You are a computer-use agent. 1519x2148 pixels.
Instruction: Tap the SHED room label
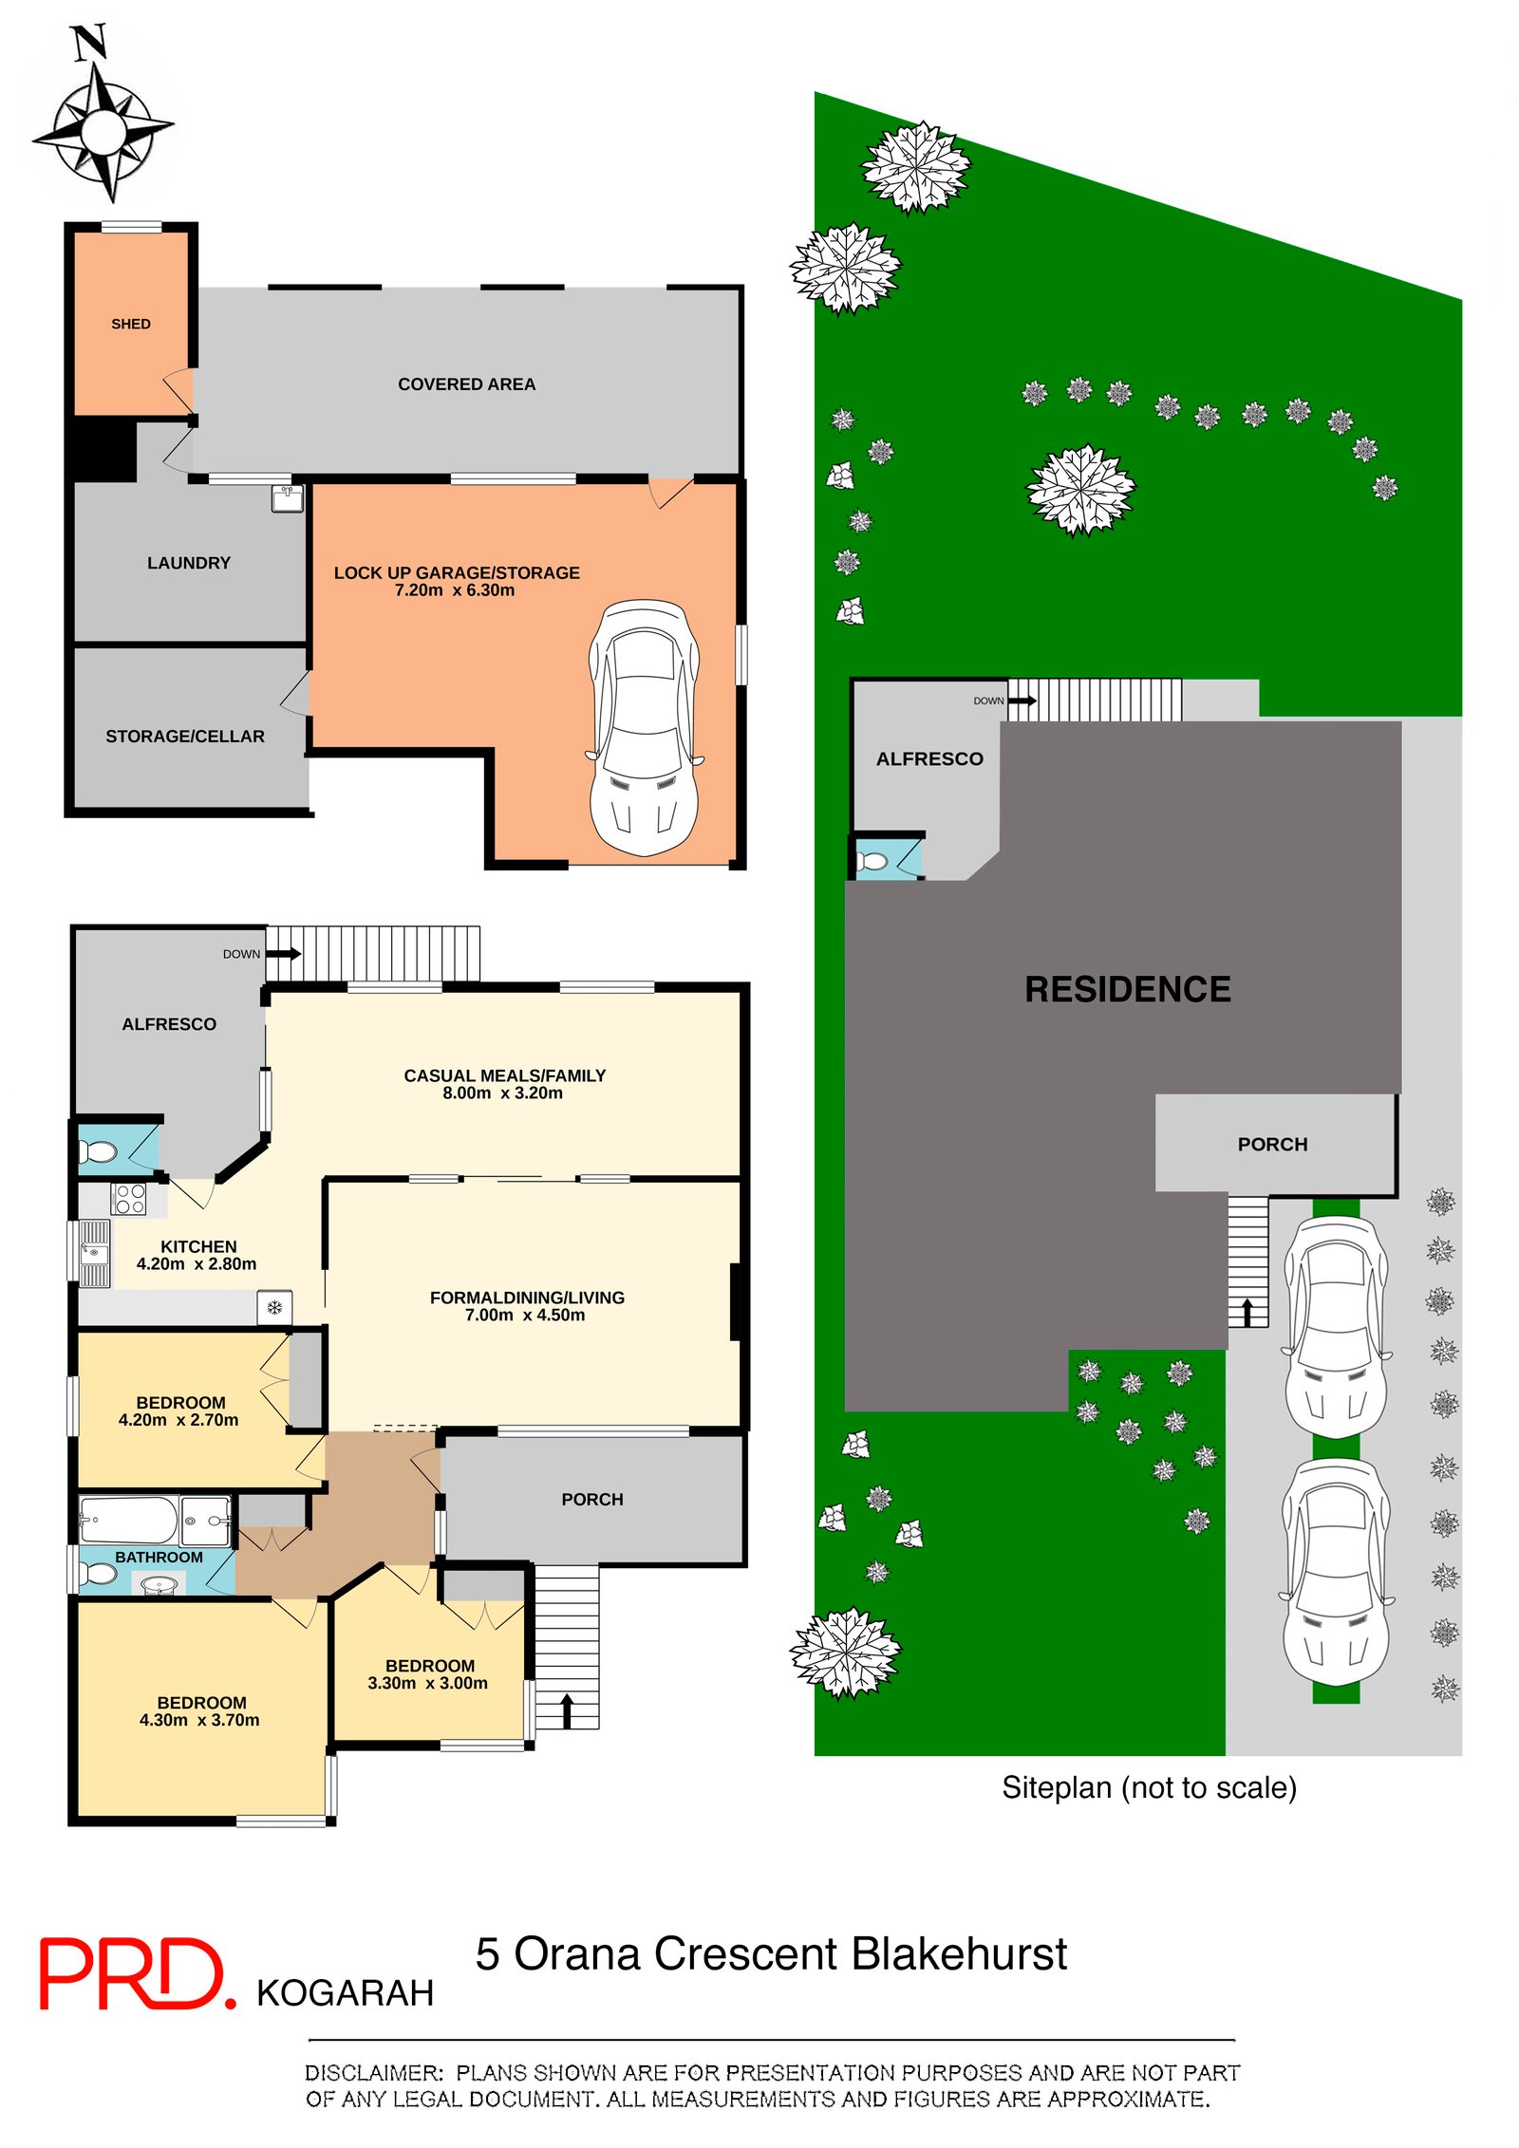[131, 324]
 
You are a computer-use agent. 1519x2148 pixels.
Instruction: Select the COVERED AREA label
[466, 384]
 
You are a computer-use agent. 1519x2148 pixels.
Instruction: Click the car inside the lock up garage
[644, 727]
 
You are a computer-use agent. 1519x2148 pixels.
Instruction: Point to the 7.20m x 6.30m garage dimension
[455, 590]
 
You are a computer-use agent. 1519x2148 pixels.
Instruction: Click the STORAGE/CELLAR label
[185, 737]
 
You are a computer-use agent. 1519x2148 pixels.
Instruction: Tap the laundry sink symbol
[288, 498]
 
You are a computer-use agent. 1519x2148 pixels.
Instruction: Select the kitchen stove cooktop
[129, 1199]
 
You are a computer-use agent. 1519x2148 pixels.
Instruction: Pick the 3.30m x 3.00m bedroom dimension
[428, 1683]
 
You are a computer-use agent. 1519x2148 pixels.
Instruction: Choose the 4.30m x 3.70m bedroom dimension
[199, 1720]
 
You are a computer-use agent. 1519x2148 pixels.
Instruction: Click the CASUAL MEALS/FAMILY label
[505, 1075]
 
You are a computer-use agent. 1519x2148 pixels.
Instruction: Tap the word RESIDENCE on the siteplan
[1128, 989]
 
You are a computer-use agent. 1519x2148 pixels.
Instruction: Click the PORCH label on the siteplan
[1272, 1145]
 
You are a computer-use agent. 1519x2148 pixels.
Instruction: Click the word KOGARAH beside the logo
[346, 1993]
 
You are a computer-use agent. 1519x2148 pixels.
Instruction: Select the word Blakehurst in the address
[959, 1953]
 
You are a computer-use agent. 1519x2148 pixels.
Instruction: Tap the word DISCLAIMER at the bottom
[374, 2073]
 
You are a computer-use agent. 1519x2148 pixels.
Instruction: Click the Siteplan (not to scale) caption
[1150, 1788]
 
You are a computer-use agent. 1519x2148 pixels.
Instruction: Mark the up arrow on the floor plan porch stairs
[567, 1710]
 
